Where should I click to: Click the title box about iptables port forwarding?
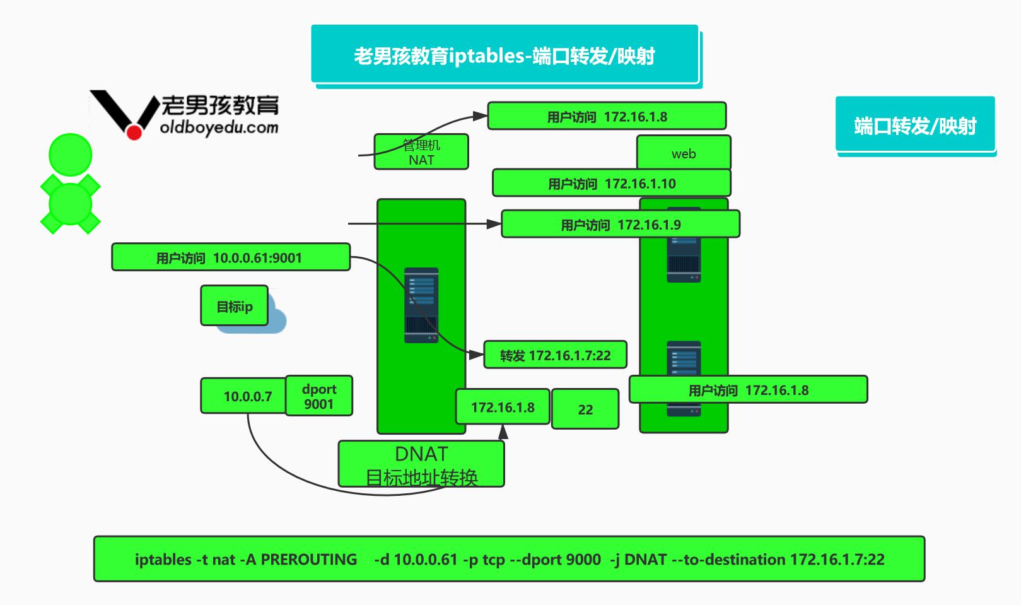[x=505, y=54]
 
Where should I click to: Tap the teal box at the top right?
[x=915, y=124]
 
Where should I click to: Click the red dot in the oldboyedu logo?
[x=134, y=132]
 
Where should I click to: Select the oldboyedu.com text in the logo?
[x=219, y=127]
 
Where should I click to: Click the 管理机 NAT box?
[x=421, y=152]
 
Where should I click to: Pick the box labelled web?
[x=684, y=153]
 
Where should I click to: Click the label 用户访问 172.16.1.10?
[x=612, y=184]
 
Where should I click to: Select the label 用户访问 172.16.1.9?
[x=621, y=224]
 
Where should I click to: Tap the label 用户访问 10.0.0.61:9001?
[x=231, y=257]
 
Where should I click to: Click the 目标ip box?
[x=235, y=306]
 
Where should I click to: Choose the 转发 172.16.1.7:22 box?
[x=555, y=355]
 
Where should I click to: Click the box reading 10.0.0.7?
[x=244, y=396]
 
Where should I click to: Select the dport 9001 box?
[x=319, y=396]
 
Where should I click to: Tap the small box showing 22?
[x=585, y=409]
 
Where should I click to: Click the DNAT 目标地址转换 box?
[x=421, y=464]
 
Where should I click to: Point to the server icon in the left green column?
[x=421, y=305]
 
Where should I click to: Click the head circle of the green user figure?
[x=70, y=155]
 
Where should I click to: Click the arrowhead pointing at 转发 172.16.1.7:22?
[x=476, y=355]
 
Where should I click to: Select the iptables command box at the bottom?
[x=509, y=559]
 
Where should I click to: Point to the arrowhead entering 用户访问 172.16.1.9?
[x=494, y=224]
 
